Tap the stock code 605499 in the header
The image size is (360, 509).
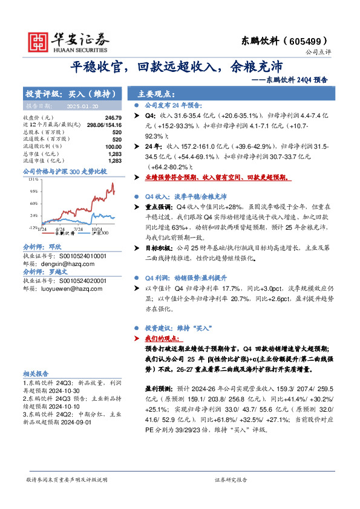[x=309, y=41]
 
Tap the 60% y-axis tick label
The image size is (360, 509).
[x=34, y=203]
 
